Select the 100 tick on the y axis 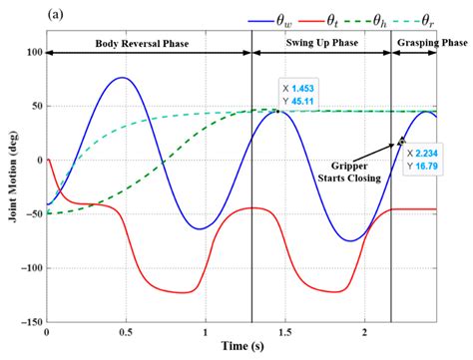33,52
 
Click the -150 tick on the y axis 31,322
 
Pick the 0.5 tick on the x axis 126,333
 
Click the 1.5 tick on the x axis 283,333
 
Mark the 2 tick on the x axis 362,333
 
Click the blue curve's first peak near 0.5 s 122,78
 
